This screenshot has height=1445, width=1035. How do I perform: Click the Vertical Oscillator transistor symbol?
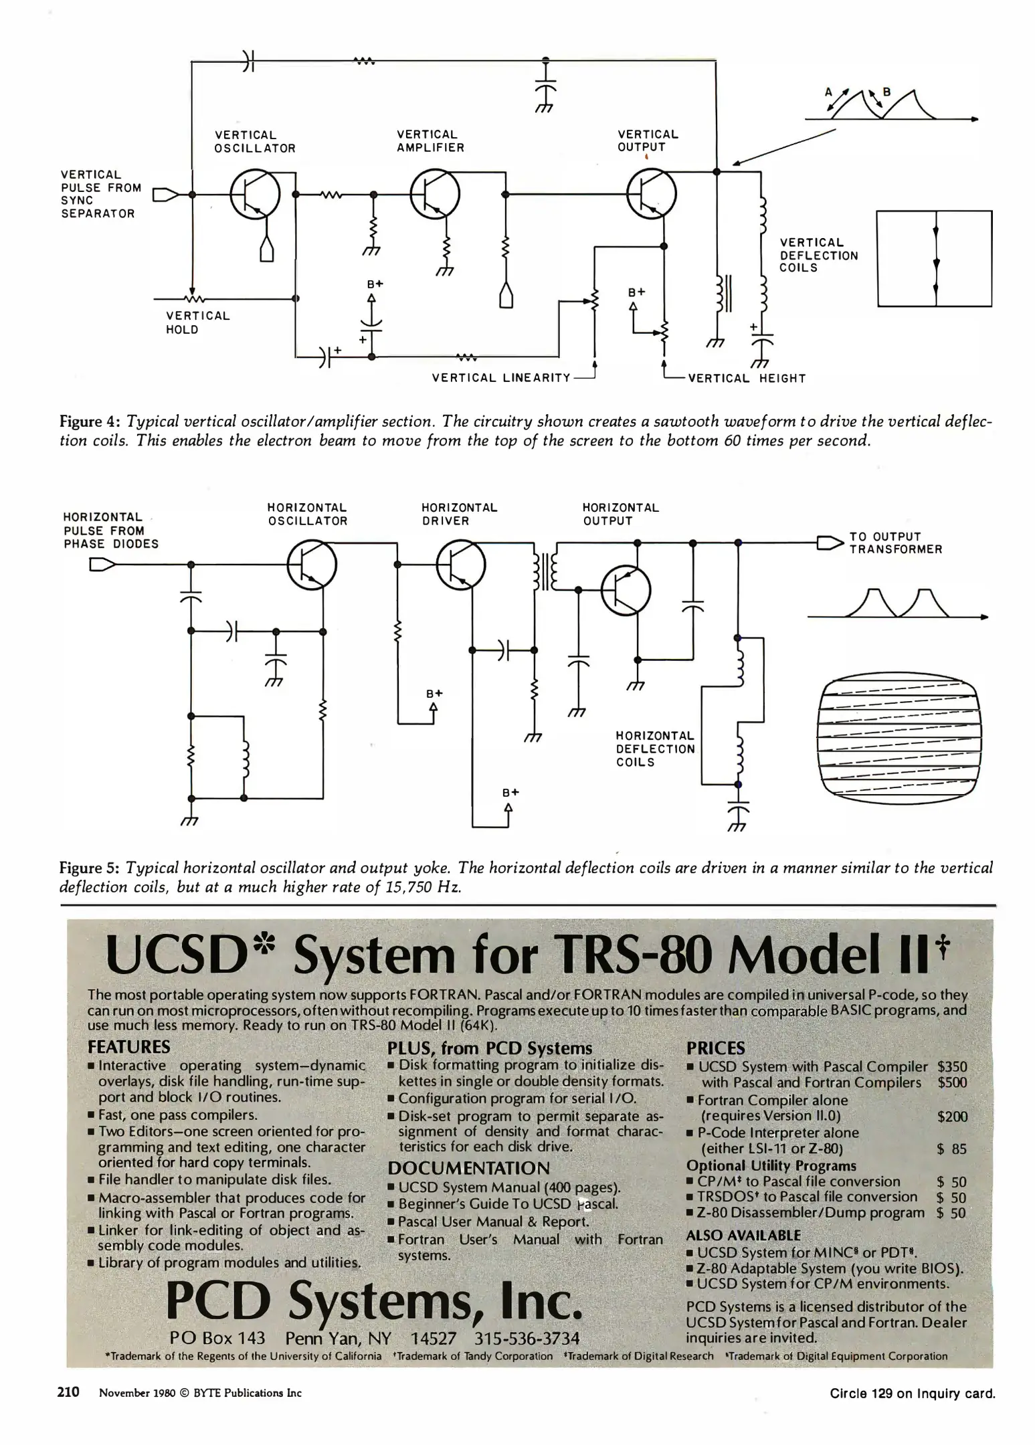point(255,195)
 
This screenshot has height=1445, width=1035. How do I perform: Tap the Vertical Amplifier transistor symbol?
point(435,195)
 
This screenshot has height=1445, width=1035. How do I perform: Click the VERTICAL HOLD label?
point(197,322)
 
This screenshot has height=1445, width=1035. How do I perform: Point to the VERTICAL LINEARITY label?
point(501,378)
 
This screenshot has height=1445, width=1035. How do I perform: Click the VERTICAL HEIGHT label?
point(747,379)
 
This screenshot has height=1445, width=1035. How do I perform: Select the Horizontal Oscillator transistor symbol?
point(312,566)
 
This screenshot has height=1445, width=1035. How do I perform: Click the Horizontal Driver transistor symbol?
point(461,566)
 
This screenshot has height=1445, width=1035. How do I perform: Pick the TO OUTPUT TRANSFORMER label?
point(895,543)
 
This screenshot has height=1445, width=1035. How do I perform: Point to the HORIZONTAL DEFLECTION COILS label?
point(655,749)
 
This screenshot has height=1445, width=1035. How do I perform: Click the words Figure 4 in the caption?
point(89,422)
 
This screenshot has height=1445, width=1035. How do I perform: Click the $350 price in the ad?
point(952,1067)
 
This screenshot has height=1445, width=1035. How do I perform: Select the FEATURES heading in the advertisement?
point(129,1047)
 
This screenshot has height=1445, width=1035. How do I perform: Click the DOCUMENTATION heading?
point(468,1168)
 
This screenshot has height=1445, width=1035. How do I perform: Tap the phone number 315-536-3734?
point(527,1338)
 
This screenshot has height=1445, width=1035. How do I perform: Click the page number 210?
point(68,1392)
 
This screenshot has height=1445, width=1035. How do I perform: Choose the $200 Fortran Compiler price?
point(952,1117)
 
